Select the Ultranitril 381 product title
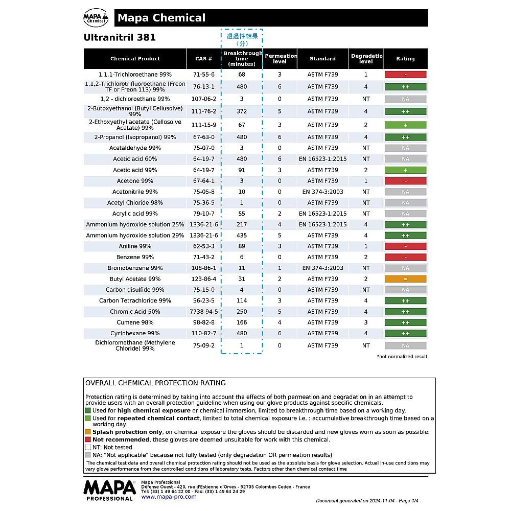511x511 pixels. tap(120, 38)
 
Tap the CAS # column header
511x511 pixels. tap(203, 59)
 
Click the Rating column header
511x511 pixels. tap(405, 59)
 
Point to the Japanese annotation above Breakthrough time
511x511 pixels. tap(242, 39)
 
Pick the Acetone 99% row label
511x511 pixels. tap(135, 181)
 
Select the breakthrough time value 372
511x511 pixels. tap(242, 111)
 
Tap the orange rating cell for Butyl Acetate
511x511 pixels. tap(405, 280)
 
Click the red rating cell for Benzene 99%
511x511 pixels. tap(405, 258)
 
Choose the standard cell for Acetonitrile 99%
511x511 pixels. tap(322, 192)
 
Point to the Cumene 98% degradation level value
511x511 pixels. tap(366, 322)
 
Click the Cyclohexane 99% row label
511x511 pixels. tap(135, 333)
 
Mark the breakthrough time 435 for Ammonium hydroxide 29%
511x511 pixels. tap(242, 236)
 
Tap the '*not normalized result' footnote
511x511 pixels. tap(402, 357)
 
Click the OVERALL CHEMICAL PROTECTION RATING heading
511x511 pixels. tap(155, 383)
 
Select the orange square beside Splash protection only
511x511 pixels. tap(88, 432)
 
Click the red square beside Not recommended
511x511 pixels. tap(88, 439)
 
